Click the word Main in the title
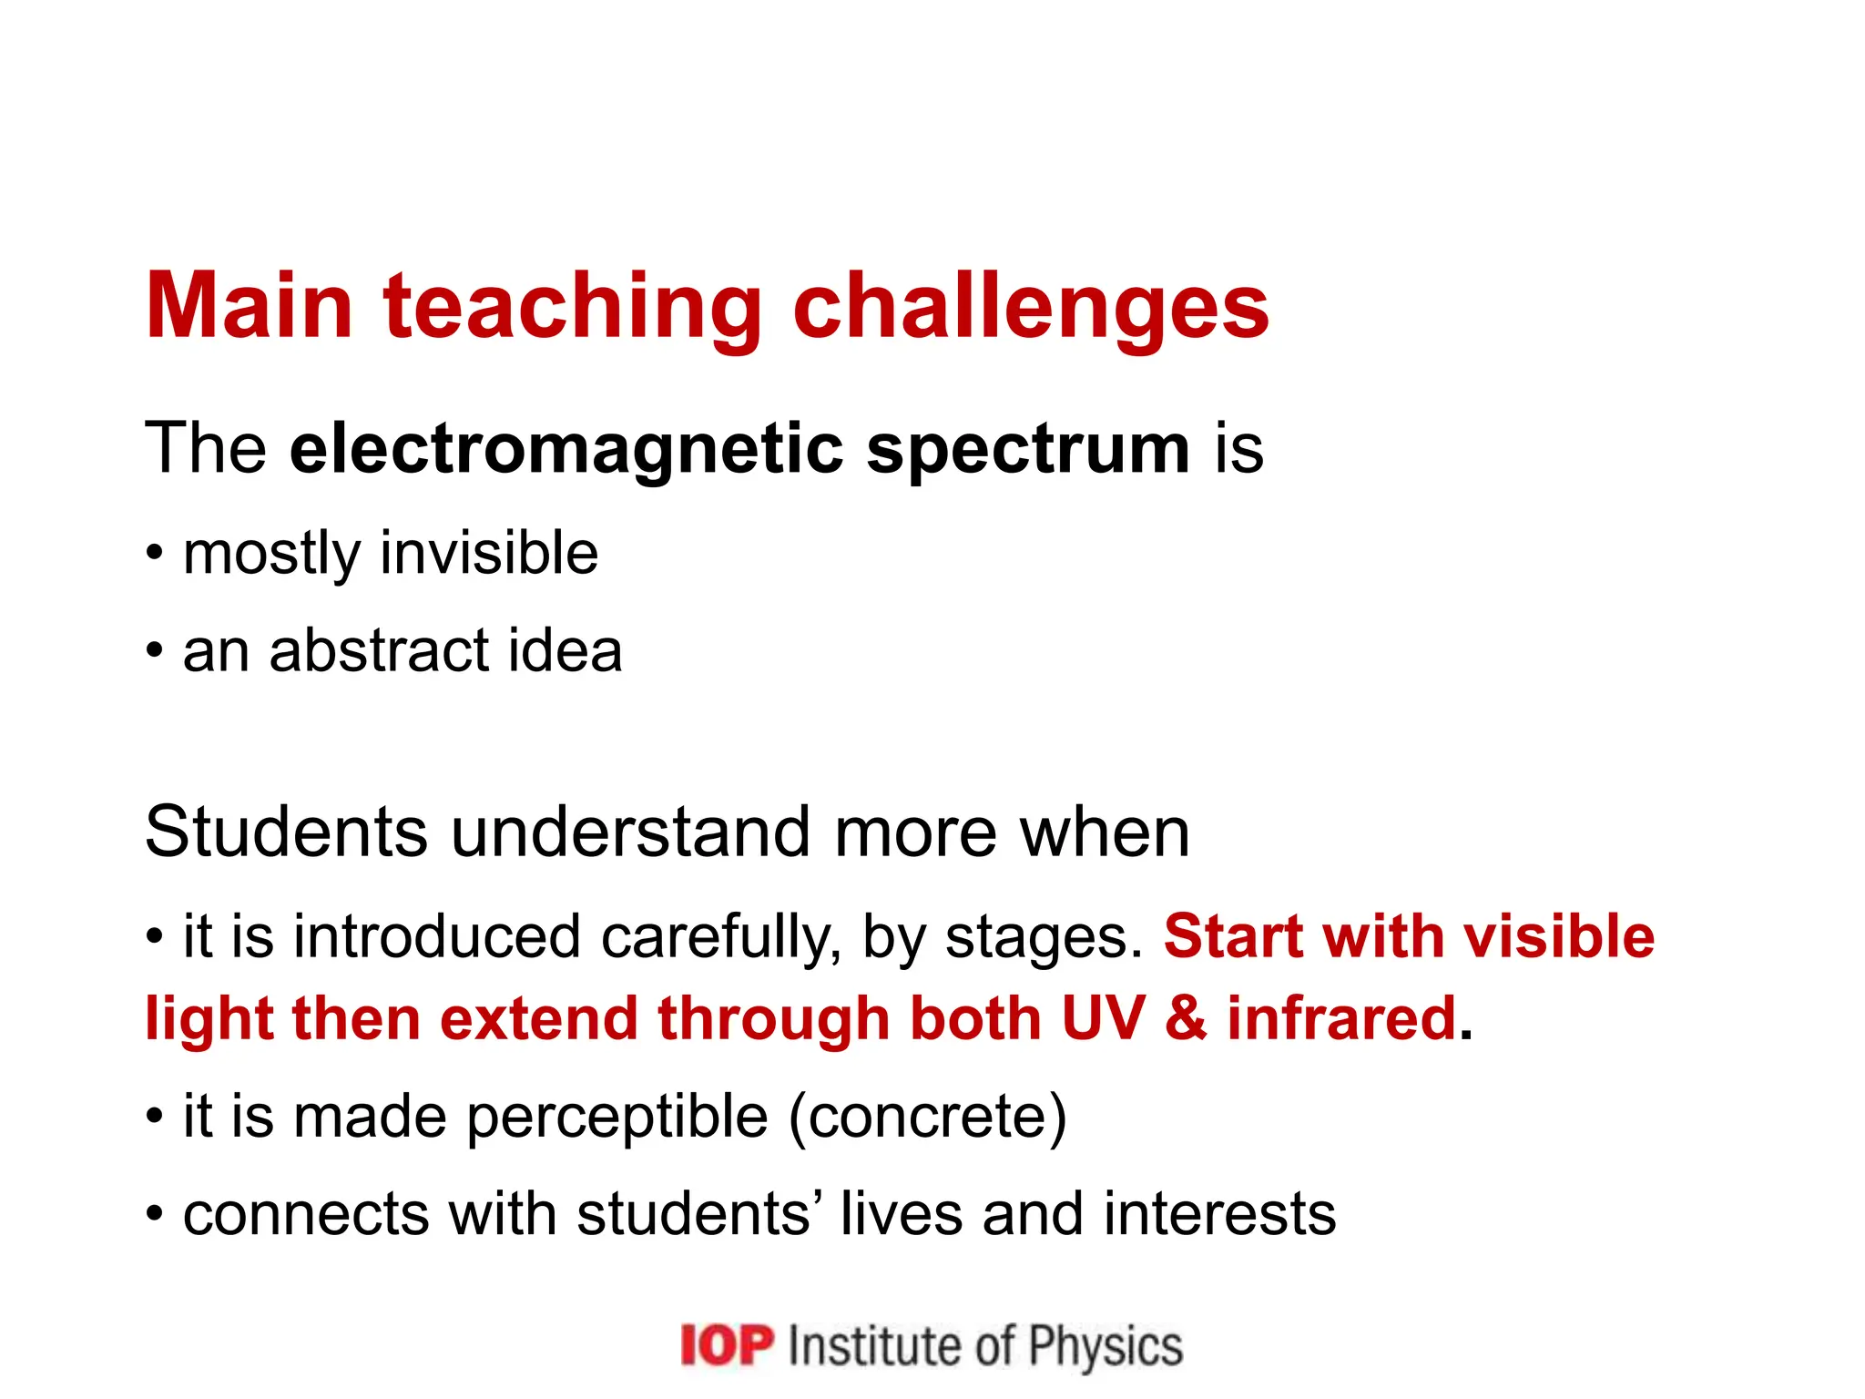pyautogui.click(x=249, y=307)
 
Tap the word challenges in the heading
pyautogui.click(x=1031, y=307)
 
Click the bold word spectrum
pyautogui.click(x=1028, y=451)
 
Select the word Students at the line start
pyautogui.click(x=286, y=832)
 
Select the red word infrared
pyautogui.click(x=1342, y=1017)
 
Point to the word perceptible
pyautogui.click(x=617, y=1118)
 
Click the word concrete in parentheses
pyautogui.click(x=927, y=1118)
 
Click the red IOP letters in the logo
pyautogui.click(x=727, y=1345)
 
